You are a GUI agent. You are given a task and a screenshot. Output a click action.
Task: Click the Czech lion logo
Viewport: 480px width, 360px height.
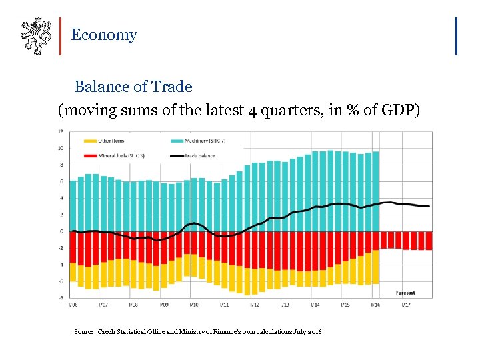(x=36, y=37)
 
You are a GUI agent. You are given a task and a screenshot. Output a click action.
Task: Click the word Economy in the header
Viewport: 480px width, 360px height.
(x=103, y=35)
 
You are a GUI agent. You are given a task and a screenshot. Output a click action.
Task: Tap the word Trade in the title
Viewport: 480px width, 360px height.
(x=171, y=87)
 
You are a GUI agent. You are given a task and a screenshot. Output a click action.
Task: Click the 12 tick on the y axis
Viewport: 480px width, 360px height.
(x=61, y=131)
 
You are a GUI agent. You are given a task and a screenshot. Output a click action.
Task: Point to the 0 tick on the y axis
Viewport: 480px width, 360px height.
(x=62, y=231)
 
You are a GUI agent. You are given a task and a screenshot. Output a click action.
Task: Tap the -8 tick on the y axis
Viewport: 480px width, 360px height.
(x=61, y=298)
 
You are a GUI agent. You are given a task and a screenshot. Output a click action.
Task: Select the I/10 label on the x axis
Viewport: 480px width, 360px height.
(x=193, y=305)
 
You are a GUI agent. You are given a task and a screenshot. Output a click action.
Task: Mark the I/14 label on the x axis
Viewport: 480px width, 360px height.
(x=315, y=305)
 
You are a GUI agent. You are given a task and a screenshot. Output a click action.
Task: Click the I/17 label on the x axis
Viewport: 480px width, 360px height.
(x=405, y=305)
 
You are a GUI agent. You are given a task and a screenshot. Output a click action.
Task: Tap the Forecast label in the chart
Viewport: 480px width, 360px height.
(x=405, y=293)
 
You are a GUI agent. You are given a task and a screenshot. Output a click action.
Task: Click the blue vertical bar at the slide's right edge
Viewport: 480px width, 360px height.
(x=456, y=36)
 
